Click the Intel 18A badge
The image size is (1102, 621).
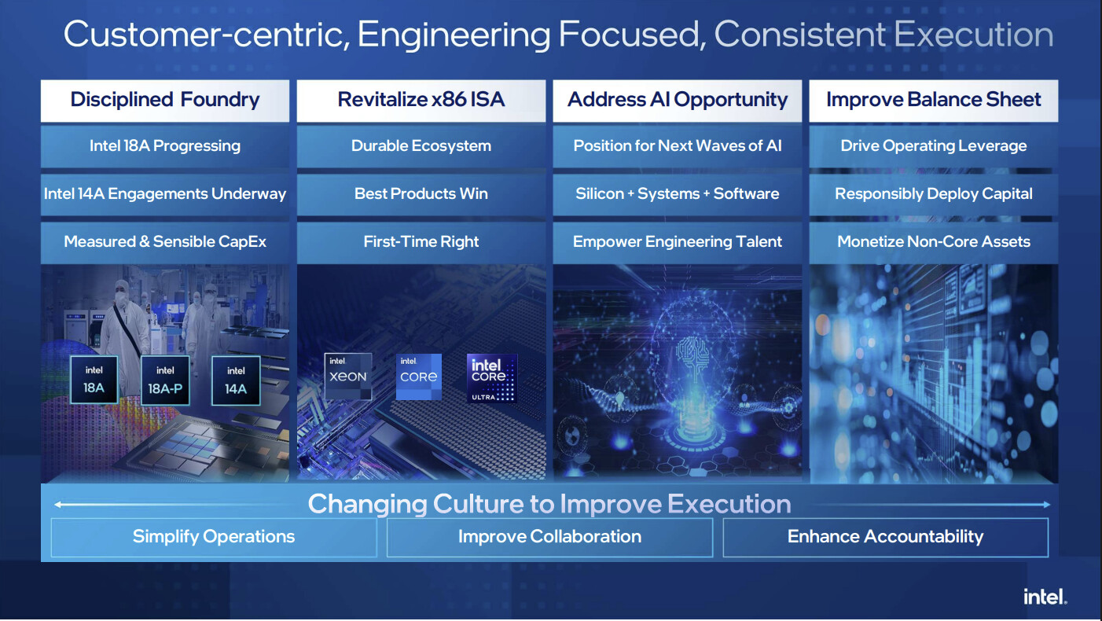tap(94, 380)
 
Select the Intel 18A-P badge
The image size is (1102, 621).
tap(165, 380)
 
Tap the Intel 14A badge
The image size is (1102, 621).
tap(236, 380)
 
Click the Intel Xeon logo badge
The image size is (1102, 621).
tap(348, 377)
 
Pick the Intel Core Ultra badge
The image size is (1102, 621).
tap(492, 378)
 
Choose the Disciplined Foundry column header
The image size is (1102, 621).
tap(165, 101)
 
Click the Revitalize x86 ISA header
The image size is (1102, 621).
tap(421, 101)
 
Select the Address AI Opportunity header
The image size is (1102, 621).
tap(678, 101)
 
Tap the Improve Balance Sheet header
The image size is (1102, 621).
tap(934, 101)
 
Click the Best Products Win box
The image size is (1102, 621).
tap(421, 194)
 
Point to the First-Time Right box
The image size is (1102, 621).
tap(421, 242)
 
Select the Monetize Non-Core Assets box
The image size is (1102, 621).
tap(934, 242)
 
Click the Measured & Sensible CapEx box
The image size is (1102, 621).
tap(165, 242)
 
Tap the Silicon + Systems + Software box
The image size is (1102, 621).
tap(678, 194)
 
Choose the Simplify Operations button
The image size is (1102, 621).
tap(214, 537)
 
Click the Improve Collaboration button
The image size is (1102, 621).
tap(550, 537)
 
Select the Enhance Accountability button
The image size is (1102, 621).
tap(886, 537)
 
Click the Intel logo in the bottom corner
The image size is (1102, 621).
tap(1045, 597)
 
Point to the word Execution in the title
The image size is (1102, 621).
tap(974, 35)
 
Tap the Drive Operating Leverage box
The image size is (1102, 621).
tap(934, 146)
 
